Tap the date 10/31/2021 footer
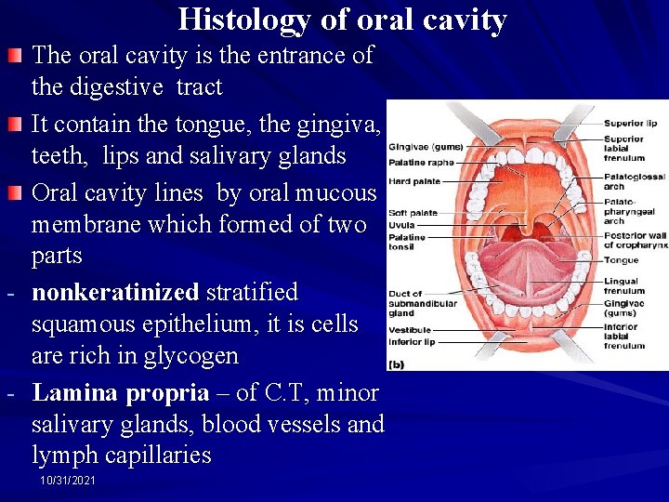[68, 480]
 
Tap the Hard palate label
[414, 181]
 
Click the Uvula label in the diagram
[401, 224]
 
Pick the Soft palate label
[413, 213]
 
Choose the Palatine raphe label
[420, 161]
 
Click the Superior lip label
[630, 123]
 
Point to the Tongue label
[620, 260]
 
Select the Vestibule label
[409, 329]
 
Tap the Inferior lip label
[412, 340]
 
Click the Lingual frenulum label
[622, 285]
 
